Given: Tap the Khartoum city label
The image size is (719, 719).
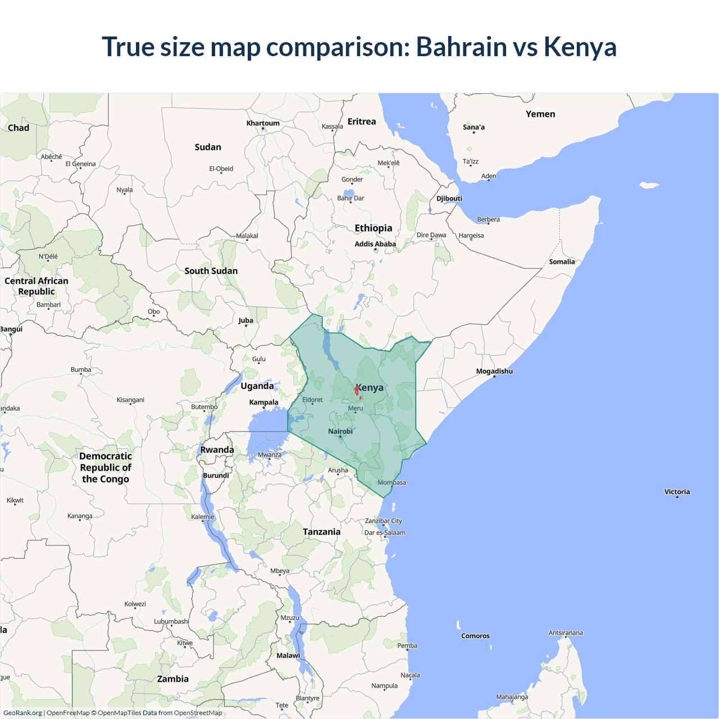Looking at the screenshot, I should tap(262, 123).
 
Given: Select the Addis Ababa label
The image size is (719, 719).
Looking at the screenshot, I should tap(375, 244).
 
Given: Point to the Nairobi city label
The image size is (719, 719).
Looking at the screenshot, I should tap(340, 431).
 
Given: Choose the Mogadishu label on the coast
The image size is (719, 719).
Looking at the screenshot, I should tap(494, 371).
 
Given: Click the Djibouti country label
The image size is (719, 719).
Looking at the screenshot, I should tap(449, 198).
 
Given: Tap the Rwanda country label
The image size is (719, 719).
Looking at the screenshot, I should tap(217, 450).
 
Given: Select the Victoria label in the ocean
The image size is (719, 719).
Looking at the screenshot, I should tap(677, 492).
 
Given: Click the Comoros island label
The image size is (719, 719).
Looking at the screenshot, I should tap(475, 636).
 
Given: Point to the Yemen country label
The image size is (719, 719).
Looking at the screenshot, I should tap(540, 114).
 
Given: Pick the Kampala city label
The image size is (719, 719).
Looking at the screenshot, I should tap(263, 402).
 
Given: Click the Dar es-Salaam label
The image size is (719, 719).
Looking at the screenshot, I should tap(385, 533).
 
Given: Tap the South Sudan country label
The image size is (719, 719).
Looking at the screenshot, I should tap(211, 271).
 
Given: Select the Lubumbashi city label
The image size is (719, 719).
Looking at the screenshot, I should tap(171, 621).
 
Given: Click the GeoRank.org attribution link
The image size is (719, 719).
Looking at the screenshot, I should tap(22, 713).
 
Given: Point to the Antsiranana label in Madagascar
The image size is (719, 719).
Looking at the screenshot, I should tap(566, 633).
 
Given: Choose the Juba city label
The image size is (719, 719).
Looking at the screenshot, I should tap(245, 321).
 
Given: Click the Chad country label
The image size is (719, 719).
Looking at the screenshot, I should tap(19, 128).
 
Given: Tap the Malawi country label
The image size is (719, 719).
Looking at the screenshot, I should tap(288, 656).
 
